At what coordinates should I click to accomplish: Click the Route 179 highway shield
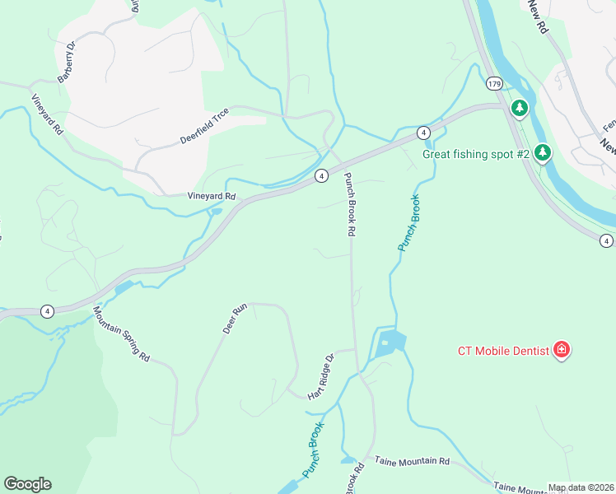(494, 84)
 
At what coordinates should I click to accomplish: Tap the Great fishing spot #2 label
(476, 153)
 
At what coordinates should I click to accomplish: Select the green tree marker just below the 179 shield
(520, 107)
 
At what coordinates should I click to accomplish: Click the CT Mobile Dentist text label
(503, 351)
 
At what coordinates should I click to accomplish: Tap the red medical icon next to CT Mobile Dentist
(562, 350)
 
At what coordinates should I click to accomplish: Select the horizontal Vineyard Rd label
(212, 197)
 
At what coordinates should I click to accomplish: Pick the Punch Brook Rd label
(349, 205)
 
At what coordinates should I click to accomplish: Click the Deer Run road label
(235, 319)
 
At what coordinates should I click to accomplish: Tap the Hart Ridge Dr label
(320, 377)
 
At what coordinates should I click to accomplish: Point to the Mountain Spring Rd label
(121, 334)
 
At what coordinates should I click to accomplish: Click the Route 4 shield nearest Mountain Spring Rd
(47, 310)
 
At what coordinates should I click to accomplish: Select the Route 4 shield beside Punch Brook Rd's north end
(321, 175)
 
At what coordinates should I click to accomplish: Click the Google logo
(27, 484)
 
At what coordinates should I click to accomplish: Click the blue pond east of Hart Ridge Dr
(390, 343)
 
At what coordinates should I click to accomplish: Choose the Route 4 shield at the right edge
(606, 240)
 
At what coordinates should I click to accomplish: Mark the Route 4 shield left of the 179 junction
(422, 133)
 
